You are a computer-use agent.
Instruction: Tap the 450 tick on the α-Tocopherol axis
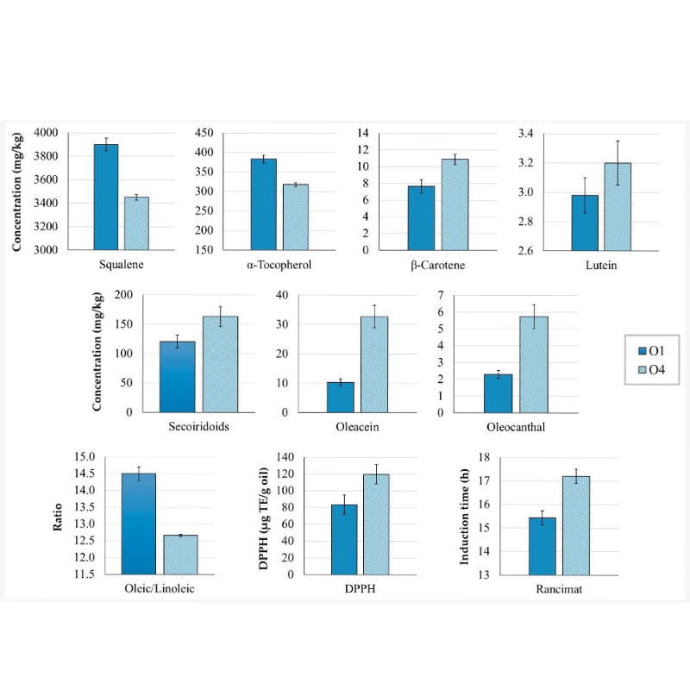pos(205,133)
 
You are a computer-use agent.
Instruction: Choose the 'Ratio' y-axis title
pos(58,516)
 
